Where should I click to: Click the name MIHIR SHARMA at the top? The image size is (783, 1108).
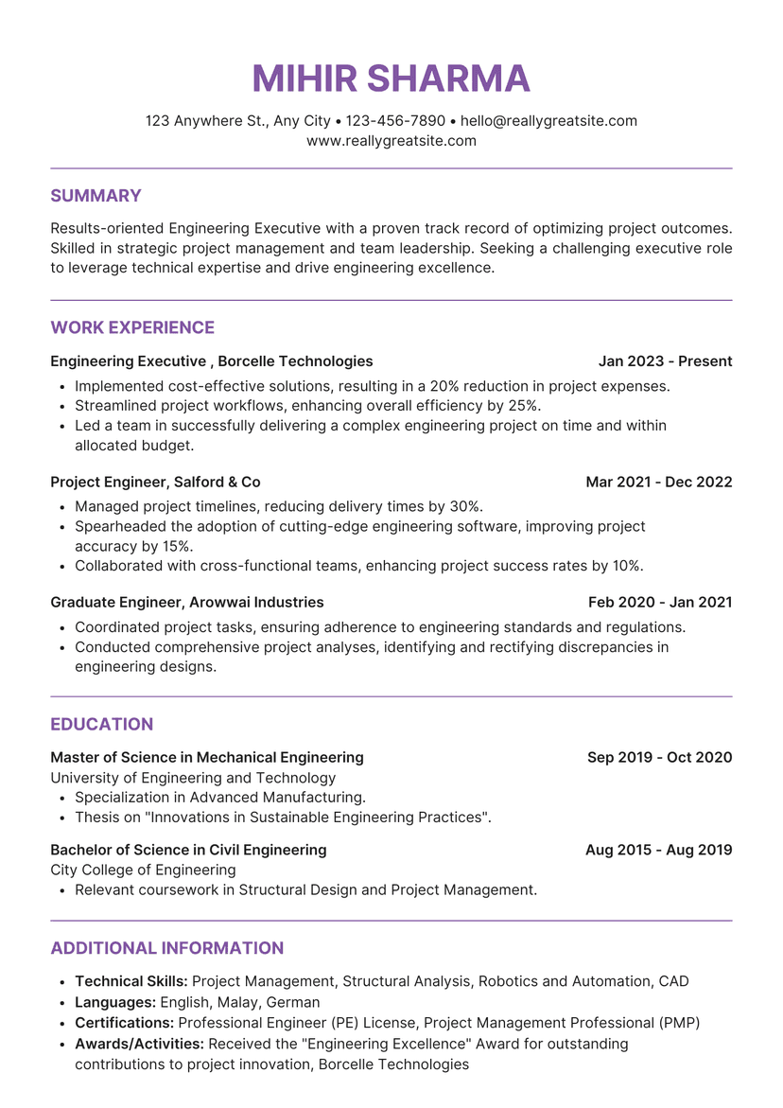[x=391, y=79]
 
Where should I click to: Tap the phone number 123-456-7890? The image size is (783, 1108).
[x=395, y=121]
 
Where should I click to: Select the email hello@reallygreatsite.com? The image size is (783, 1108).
[x=548, y=121]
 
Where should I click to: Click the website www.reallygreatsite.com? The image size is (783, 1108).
[x=391, y=141]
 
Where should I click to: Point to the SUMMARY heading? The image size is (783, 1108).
[x=96, y=196]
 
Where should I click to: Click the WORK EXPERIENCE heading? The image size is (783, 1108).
[x=132, y=327]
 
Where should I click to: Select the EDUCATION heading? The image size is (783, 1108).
[x=101, y=724]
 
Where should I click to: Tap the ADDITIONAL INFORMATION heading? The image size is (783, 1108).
[x=166, y=948]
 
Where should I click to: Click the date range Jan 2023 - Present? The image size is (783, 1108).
[x=665, y=361]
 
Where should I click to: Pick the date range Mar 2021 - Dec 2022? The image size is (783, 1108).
[x=658, y=483]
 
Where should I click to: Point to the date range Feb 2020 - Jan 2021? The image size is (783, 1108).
[x=660, y=603]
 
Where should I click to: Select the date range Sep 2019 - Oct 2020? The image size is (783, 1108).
[x=659, y=758]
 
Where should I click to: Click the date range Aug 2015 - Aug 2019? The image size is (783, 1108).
[x=658, y=850]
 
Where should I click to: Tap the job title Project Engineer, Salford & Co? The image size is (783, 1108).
[x=155, y=483]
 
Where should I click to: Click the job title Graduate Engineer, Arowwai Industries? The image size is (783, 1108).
[x=186, y=603]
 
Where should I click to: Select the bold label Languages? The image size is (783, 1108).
[x=115, y=1002]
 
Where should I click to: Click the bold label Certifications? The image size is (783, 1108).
[x=124, y=1023]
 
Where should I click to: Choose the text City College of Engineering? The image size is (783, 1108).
[x=143, y=870]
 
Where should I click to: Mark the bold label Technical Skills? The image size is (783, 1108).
[x=130, y=981]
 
